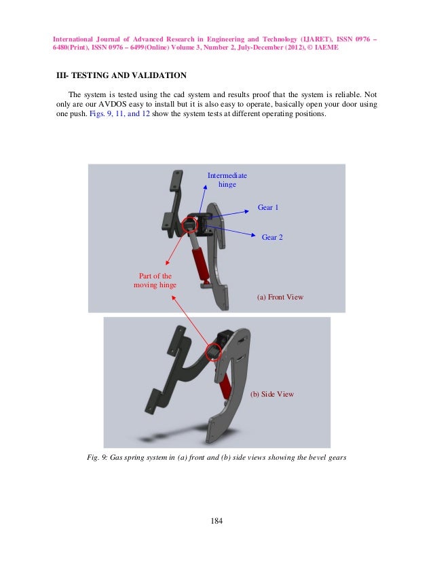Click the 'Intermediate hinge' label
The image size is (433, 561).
pyautogui.click(x=227, y=180)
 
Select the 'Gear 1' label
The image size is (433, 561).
pyautogui.click(x=268, y=206)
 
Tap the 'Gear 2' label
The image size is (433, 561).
pyautogui.click(x=272, y=237)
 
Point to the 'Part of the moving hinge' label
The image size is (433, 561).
pyautogui.click(x=155, y=280)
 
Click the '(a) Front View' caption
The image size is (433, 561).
pyautogui.click(x=280, y=297)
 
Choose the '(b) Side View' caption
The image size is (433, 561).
pyautogui.click(x=272, y=394)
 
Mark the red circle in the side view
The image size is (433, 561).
pyautogui.click(x=214, y=350)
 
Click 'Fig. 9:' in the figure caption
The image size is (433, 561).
pyautogui.click(x=101, y=457)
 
